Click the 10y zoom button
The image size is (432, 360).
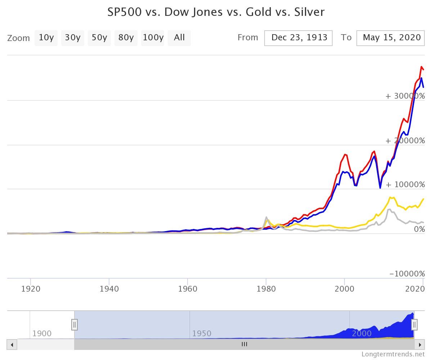point(46,38)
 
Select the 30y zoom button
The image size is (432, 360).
point(72,38)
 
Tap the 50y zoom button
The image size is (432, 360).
point(99,38)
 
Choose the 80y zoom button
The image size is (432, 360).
point(126,38)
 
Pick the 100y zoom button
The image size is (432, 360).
point(153,38)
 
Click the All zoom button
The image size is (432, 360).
point(179,38)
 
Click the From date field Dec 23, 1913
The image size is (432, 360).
point(298,38)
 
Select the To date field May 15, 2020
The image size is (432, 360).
point(391,38)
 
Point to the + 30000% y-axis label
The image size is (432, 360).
point(405,96)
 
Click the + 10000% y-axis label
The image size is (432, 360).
point(405,185)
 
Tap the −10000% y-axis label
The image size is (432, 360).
point(407,274)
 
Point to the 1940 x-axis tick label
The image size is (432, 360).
point(109,289)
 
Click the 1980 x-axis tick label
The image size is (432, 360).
point(266,289)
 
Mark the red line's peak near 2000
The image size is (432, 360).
point(345,154)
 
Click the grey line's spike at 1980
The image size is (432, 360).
point(266,217)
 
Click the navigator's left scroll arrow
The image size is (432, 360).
point(12,345)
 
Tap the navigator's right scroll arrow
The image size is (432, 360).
point(419,345)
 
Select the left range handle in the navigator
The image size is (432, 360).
point(75,325)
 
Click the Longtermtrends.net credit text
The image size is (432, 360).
point(393,354)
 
